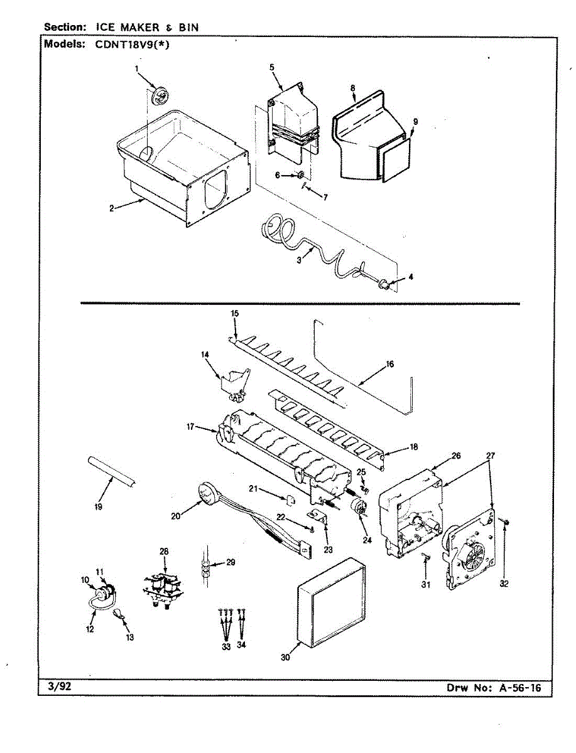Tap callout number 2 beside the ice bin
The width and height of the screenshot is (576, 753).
tap(111, 209)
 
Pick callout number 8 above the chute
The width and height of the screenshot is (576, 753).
tap(354, 88)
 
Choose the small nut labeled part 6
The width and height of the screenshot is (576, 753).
tap(300, 175)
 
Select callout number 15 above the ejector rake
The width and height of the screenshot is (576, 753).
tap(235, 312)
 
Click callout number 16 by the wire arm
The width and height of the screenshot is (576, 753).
tap(390, 364)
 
